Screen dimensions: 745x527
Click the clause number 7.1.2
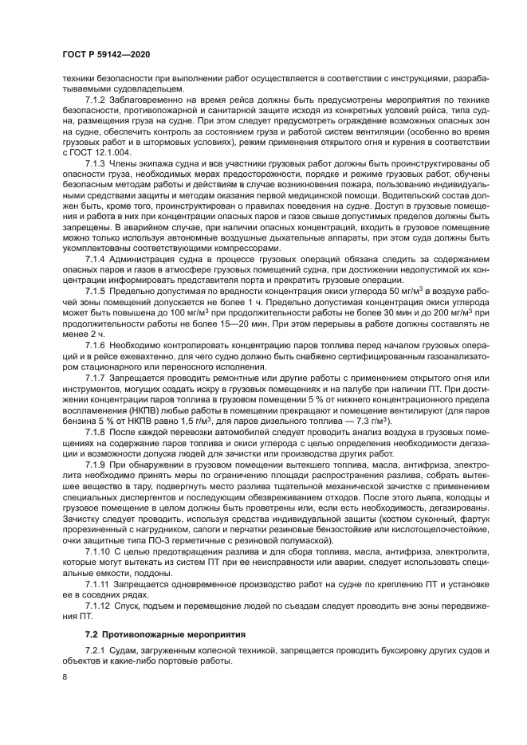[x=96, y=100]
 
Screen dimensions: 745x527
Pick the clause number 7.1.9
[x=96, y=463]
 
